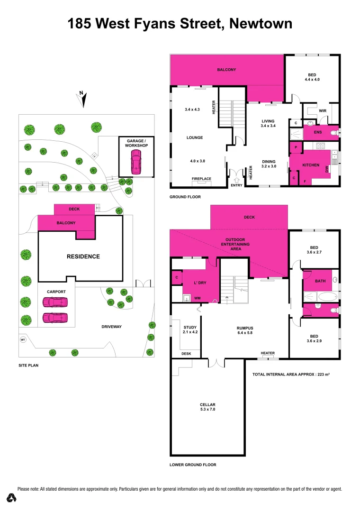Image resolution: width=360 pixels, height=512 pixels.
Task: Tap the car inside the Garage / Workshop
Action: coord(136,162)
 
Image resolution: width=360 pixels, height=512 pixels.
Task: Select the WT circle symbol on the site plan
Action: coord(22,339)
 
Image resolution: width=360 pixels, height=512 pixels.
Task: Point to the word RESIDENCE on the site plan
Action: coord(83,256)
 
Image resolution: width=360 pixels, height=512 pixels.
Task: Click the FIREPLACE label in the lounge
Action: coord(201,179)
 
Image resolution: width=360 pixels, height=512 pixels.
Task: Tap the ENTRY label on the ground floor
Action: coord(236,185)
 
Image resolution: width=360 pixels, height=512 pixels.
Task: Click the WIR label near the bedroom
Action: coord(323,111)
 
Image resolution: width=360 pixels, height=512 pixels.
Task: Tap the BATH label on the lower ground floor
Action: coord(321,281)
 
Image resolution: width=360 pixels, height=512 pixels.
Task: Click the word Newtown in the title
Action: coord(261,24)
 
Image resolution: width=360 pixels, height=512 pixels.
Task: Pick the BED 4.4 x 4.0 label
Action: coord(312,77)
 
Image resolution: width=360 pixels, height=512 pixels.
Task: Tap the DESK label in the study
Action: coord(186,354)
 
